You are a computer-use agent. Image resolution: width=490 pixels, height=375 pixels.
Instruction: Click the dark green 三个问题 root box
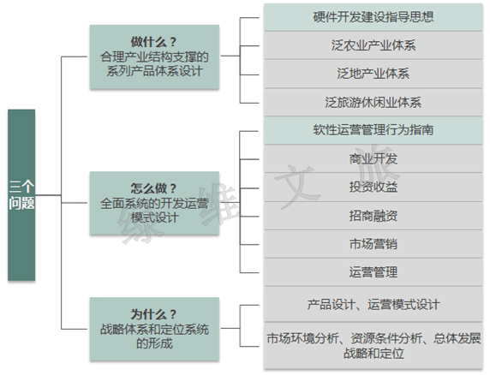pyautogui.click(x=21, y=195)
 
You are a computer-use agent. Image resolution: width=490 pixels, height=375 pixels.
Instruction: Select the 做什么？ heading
pyautogui.click(x=153, y=42)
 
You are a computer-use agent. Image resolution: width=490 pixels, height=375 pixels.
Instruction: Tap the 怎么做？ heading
pyautogui.click(x=153, y=188)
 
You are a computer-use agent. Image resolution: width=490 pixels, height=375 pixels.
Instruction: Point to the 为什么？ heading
pyautogui.click(x=153, y=314)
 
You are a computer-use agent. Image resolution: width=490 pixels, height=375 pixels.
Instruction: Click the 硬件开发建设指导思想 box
pyautogui.click(x=373, y=17)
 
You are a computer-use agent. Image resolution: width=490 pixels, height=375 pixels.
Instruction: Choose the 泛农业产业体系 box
pyautogui.click(x=373, y=45)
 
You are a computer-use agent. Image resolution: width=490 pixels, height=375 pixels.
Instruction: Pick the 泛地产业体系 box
pyautogui.click(x=373, y=74)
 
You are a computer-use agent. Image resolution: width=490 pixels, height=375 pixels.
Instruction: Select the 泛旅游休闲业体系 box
pyautogui.click(x=373, y=103)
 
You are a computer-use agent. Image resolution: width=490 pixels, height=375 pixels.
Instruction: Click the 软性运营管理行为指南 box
pyautogui.click(x=373, y=130)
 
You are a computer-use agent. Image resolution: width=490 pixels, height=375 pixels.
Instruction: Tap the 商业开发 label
pyautogui.click(x=373, y=159)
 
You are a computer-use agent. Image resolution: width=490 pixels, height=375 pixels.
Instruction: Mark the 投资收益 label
pyautogui.click(x=373, y=187)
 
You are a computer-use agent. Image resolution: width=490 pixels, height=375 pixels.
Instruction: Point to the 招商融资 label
pyautogui.click(x=373, y=216)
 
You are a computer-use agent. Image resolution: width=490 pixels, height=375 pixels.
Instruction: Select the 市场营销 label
pyautogui.click(x=373, y=244)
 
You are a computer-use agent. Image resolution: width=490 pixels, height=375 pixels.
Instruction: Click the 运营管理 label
pyautogui.click(x=373, y=272)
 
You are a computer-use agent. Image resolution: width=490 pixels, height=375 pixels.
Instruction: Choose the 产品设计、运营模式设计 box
pyautogui.click(x=373, y=305)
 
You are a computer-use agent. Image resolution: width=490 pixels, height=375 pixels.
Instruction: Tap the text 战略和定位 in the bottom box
pyautogui.click(x=373, y=354)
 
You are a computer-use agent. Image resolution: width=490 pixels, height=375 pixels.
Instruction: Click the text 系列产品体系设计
pyautogui.click(x=154, y=71)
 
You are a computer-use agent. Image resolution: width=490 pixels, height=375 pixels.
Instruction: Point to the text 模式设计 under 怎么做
pyautogui.click(x=154, y=217)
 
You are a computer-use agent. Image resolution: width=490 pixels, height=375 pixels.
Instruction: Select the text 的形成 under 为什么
pyautogui.click(x=154, y=343)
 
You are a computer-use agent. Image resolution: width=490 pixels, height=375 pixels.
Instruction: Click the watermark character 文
pyautogui.click(x=297, y=187)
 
